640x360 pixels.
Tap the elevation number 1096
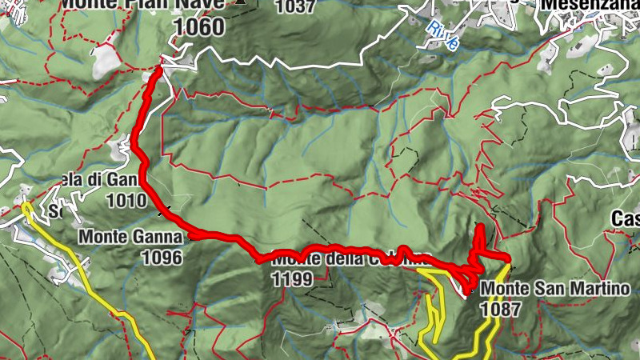[x=162, y=257]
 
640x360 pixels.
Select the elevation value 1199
[x=293, y=279]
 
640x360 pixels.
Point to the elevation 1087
[x=502, y=306]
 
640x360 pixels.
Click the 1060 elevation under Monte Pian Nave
[x=198, y=26]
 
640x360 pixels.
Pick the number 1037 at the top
[x=295, y=6]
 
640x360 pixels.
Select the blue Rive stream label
[x=442, y=37]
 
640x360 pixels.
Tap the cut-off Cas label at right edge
[x=625, y=218]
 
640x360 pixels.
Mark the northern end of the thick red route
[x=158, y=70]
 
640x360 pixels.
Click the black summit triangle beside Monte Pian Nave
[x=239, y=2]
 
